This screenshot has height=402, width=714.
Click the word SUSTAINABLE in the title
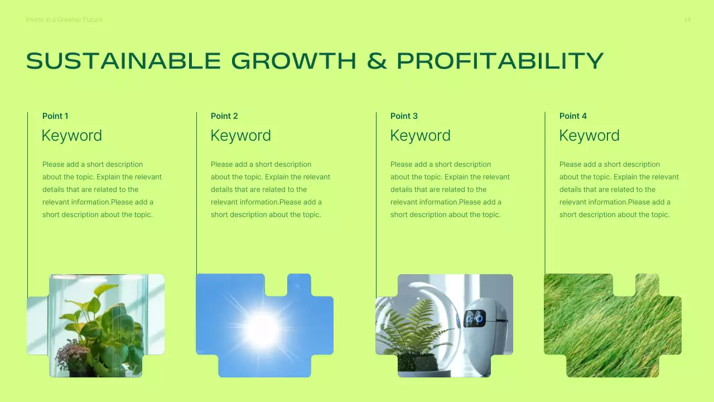[124, 61]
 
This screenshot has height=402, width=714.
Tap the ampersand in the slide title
[377, 61]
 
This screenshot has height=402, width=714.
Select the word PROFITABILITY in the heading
[500, 61]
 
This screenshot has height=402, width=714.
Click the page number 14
[687, 20]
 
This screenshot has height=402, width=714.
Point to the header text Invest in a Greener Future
[64, 20]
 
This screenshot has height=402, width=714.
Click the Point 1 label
[55, 116]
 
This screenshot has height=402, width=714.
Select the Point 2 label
[224, 116]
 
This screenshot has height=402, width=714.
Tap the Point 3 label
[404, 116]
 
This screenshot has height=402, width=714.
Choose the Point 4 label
[573, 116]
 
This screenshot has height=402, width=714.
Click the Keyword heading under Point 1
[71, 136]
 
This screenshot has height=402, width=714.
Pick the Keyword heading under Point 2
[240, 136]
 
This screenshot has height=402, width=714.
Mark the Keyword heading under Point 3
[420, 136]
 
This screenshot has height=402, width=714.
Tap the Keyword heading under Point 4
[589, 136]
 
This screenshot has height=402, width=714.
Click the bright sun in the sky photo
[262, 330]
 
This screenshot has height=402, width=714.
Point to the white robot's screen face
[475, 318]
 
